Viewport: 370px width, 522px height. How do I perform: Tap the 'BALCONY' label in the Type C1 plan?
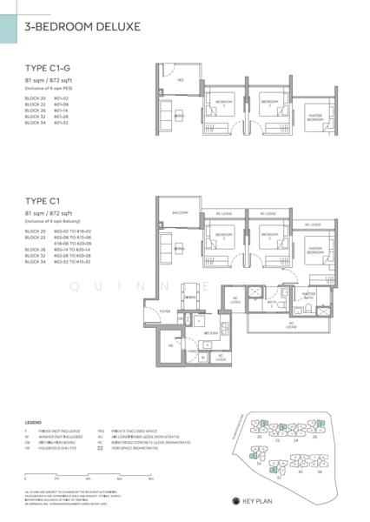tap(180, 212)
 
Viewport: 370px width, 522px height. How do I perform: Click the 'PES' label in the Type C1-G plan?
tap(180, 80)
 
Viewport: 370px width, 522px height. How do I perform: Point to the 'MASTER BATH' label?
tap(308, 296)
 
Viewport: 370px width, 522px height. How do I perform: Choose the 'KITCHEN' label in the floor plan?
tap(210, 332)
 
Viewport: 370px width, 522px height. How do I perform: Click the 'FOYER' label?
tap(165, 311)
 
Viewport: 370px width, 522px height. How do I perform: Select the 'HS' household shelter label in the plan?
tap(171, 345)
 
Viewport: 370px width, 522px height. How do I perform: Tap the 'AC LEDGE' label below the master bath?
tap(291, 325)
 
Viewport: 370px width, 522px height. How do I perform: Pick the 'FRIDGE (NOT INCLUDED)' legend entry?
tap(51, 430)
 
